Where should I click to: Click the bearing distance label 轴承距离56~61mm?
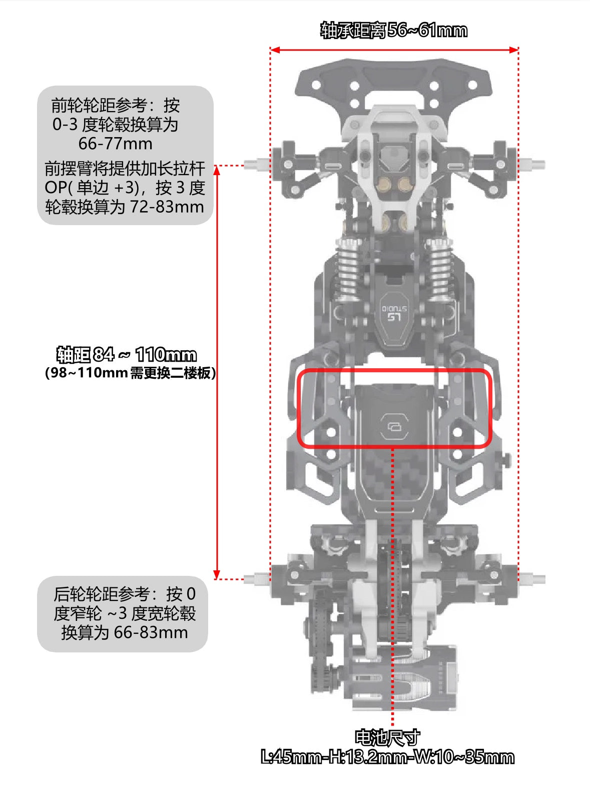(x=394, y=30)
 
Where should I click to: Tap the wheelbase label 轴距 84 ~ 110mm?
(x=127, y=355)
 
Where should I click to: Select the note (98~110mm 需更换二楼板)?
(x=131, y=373)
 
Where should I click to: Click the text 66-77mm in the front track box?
(x=116, y=144)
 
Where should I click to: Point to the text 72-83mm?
(x=167, y=207)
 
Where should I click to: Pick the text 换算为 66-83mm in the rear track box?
(x=125, y=632)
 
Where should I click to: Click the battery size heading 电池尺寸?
(x=388, y=737)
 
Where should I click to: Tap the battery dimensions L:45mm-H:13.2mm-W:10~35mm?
(x=388, y=757)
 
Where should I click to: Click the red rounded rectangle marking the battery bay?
(x=394, y=371)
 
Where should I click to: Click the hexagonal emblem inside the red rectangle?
(x=394, y=426)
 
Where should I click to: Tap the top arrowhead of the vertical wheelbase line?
(x=217, y=170)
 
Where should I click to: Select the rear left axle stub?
(x=257, y=578)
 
